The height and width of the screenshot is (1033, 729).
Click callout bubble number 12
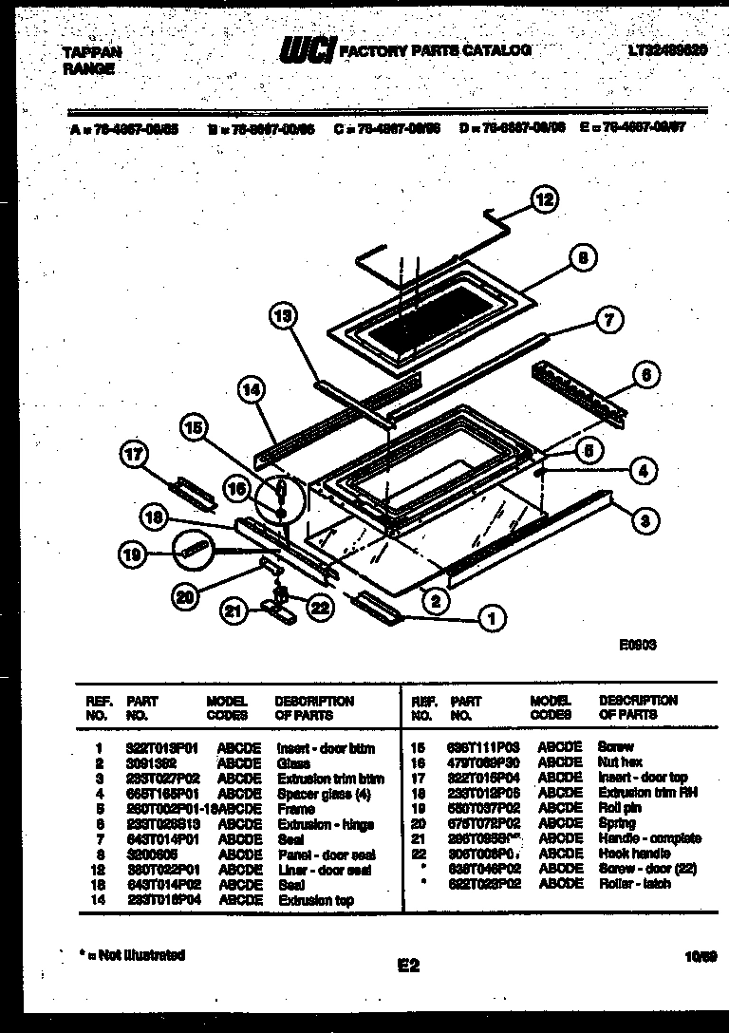tap(544, 199)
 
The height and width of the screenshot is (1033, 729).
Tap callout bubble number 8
tap(584, 257)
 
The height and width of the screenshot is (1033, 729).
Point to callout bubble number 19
tap(135, 554)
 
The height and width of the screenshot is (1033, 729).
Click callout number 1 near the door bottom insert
tap(491, 620)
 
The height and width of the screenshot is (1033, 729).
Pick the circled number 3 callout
tap(644, 518)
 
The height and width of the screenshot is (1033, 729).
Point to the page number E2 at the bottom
tap(408, 966)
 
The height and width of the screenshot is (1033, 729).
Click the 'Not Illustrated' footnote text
tap(134, 955)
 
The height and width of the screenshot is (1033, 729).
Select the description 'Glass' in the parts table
tap(293, 762)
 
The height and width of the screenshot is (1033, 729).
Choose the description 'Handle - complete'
tap(649, 838)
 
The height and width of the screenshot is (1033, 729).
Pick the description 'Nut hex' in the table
tap(621, 762)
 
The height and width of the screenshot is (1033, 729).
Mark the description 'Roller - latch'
tap(635, 884)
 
